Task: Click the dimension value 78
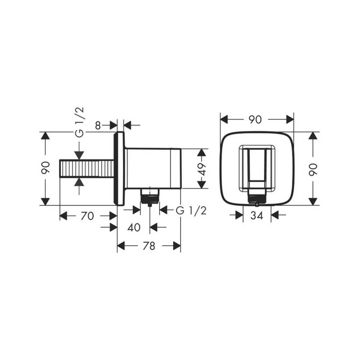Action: (149, 246)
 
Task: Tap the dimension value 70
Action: (87, 216)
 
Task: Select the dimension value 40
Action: (134, 228)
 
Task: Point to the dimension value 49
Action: (202, 169)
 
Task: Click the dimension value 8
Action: (98, 126)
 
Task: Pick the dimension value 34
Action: (257, 215)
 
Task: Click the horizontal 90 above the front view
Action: (255, 120)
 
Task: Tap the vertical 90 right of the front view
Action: (313, 170)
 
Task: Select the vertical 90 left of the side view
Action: (45, 168)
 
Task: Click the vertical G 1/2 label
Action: (80, 122)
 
